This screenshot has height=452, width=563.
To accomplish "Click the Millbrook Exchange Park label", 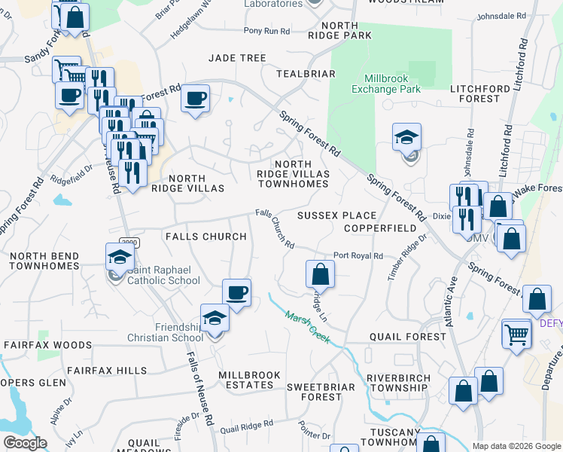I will [x=385, y=84].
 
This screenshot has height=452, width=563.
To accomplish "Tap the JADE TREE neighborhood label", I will [x=238, y=58].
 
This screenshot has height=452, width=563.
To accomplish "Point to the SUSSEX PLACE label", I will [x=336, y=215].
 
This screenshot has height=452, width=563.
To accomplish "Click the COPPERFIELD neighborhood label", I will [x=380, y=228].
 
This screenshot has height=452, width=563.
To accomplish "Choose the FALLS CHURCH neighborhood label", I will [x=205, y=237].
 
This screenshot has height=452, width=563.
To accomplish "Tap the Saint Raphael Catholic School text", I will [x=163, y=276].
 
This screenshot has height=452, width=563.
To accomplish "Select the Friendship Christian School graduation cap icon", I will [x=215, y=317].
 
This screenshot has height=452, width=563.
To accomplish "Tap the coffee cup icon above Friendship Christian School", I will [x=236, y=292].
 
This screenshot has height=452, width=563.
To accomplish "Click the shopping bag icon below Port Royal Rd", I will [x=320, y=273].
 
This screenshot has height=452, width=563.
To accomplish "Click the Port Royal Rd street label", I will [x=358, y=255].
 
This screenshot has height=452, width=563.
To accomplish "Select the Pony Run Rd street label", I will [x=266, y=31].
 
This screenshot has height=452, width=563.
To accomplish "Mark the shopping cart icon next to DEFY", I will [x=516, y=332].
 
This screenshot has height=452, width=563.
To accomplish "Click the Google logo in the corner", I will [x=25, y=443].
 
